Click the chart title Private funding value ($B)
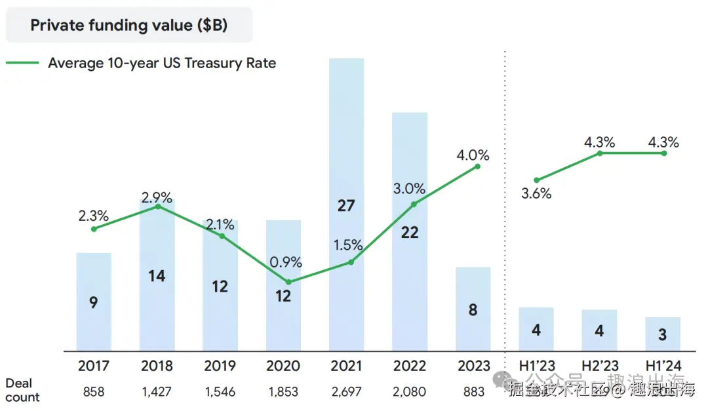point(128,26)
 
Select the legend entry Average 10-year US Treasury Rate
point(162,64)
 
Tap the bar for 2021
point(346,164)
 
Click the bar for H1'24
point(663,334)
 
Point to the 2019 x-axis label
point(220,365)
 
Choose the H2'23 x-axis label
point(599,365)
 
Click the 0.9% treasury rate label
point(286,262)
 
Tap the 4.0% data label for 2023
point(473,155)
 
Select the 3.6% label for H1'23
point(536,194)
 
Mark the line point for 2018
point(157,206)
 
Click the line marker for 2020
point(288,282)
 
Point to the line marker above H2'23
point(599,153)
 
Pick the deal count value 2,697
point(346,392)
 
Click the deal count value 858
point(94,392)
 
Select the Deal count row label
point(22,390)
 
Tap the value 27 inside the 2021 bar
point(345,206)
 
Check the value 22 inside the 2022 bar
point(409,233)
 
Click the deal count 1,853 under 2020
point(283,392)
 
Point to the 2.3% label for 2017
point(92,216)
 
